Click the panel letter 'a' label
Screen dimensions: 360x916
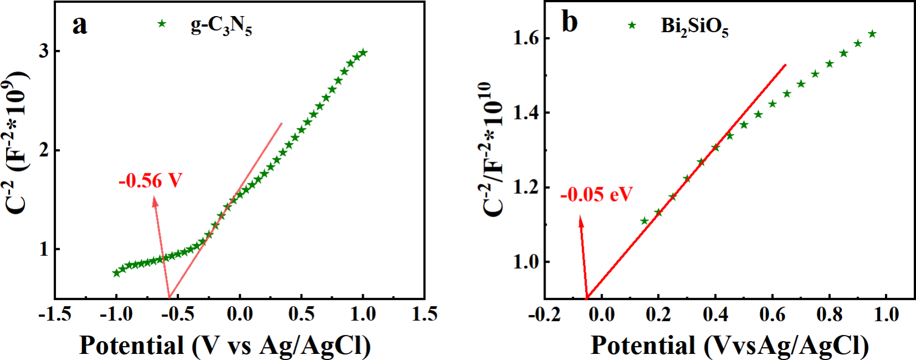coord(80,25)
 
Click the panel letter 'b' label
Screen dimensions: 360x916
coord(569,22)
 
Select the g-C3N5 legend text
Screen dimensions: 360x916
coord(221,25)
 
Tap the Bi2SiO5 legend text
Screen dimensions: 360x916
coord(694,27)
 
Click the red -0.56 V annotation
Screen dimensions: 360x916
coord(150,181)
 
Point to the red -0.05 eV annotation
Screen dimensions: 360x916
coord(596,195)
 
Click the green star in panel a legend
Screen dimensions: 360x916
coord(162,24)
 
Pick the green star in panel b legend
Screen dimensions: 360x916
coord(632,25)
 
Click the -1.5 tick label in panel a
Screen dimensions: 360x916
coord(54,314)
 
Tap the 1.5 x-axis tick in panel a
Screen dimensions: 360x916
coord(424,314)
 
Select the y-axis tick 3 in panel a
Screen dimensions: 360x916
coord(44,51)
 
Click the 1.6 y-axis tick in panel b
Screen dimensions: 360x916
coord(526,38)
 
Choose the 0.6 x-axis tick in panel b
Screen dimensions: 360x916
coord(772,315)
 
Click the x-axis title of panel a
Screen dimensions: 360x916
coord(225,346)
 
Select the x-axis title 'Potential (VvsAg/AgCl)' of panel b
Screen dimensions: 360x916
coord(729,346)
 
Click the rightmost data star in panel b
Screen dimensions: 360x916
coord(872,34)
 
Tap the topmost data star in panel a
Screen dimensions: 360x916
coord(363,53)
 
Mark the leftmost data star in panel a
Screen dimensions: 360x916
coord(116,273)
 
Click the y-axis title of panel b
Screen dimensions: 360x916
coord(492,150)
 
